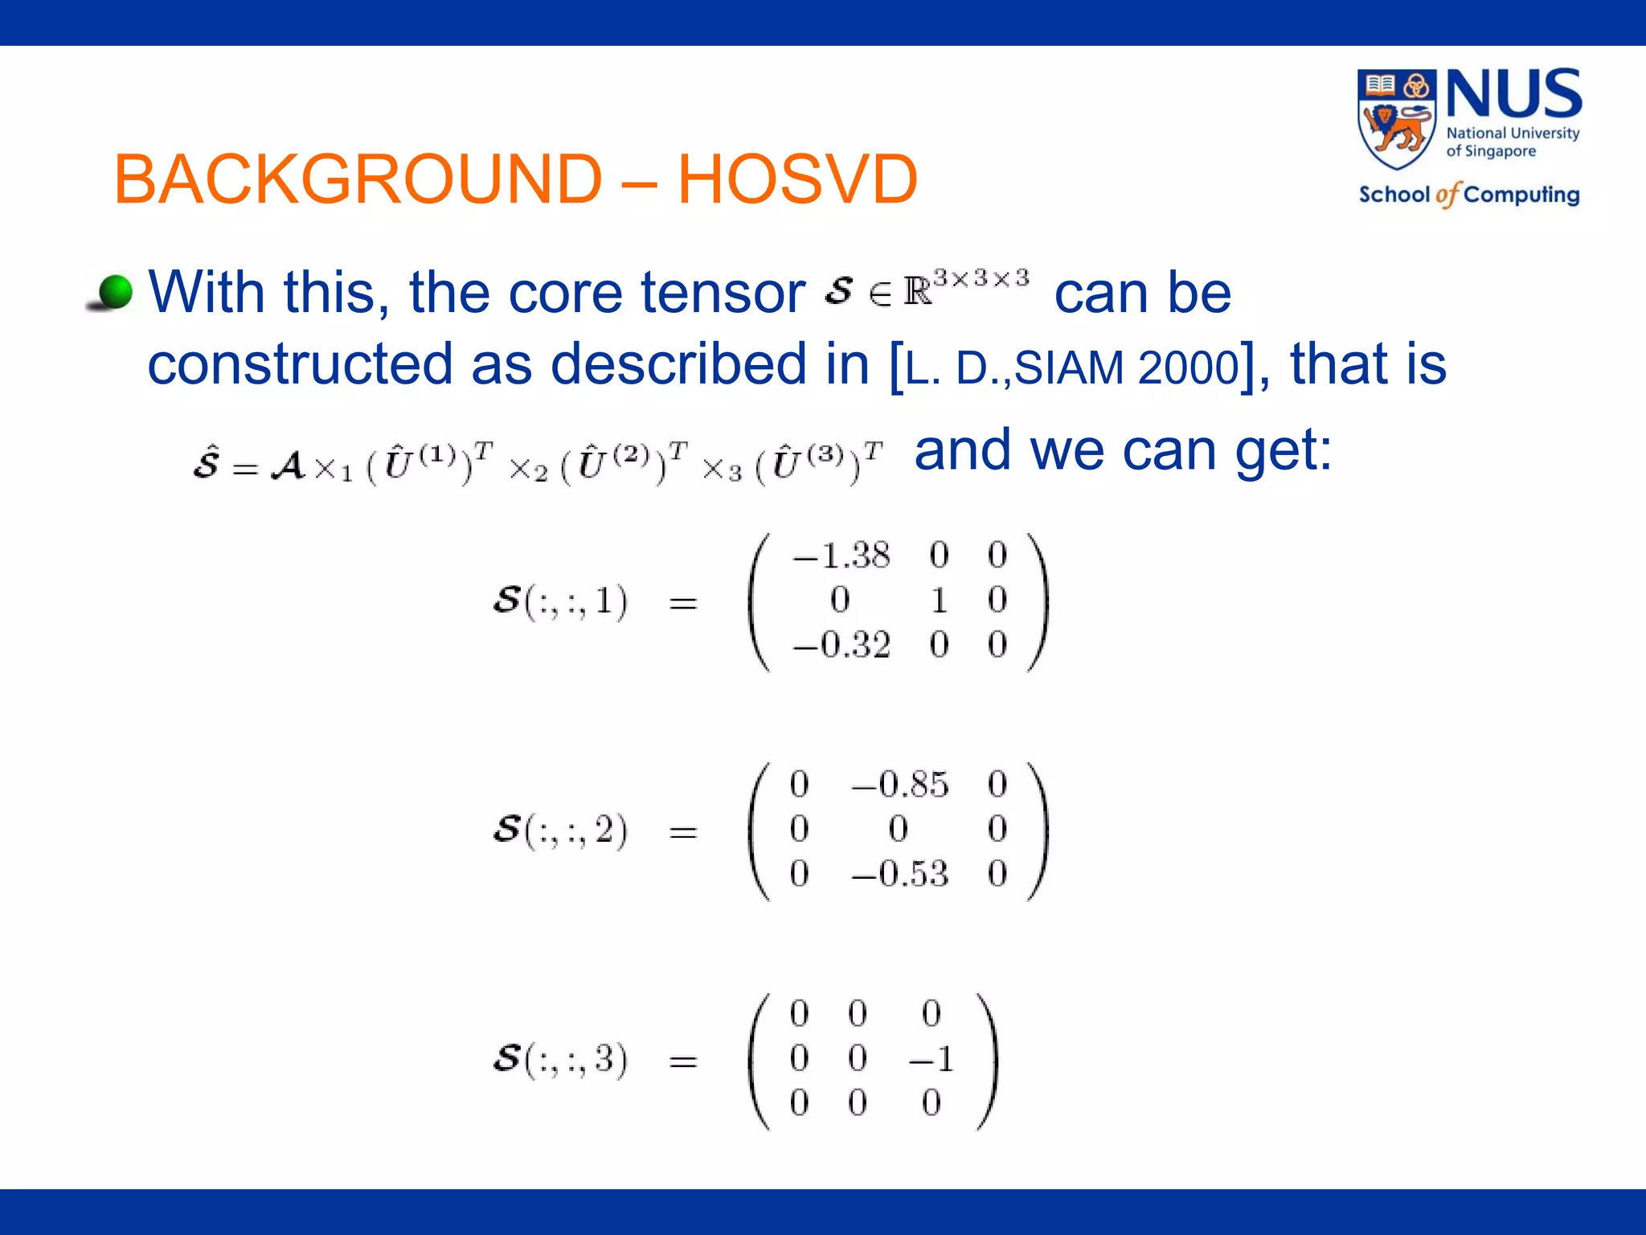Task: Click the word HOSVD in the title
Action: click(797, 178)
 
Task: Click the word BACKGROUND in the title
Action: click(358, 178)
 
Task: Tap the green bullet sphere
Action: click(115, 292)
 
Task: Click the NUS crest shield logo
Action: click(1397, 118)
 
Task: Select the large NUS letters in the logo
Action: click(1514, 95)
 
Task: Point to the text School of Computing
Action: click(1469, 195)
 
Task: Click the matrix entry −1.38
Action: click(841, 556)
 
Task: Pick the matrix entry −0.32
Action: click(841, 645)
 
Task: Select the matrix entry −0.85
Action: click(900, 784)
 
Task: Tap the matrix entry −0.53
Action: click(900, 874)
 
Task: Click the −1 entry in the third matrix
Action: click(932, 1059)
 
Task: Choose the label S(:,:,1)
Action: click(560, 601)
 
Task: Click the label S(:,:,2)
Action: click(560, 831)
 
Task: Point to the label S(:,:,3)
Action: click(560, 1060)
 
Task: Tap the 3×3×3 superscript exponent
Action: click(981, 278)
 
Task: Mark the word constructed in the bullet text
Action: click(300, 364)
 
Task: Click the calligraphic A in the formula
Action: click(289, 466)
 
